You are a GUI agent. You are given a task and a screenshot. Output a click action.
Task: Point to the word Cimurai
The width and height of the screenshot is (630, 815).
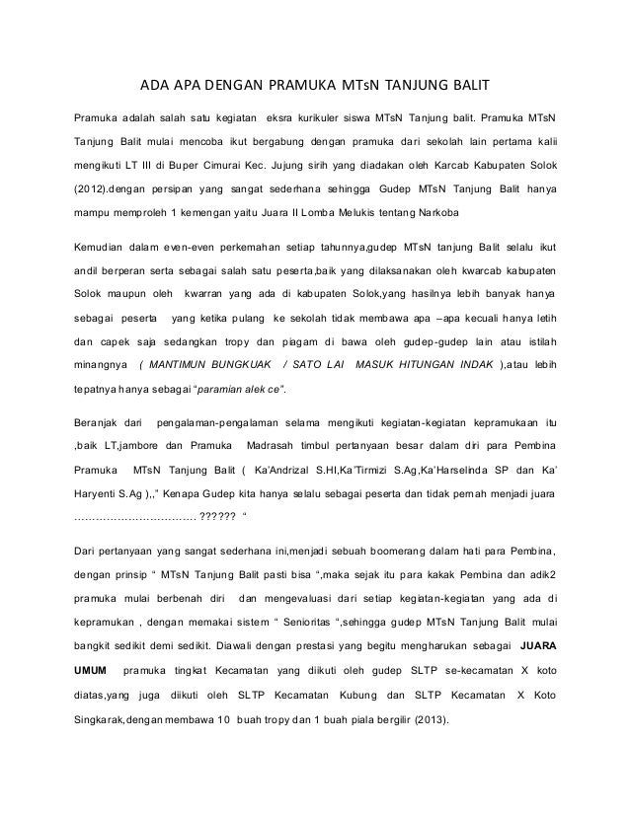tap(248, 162)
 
